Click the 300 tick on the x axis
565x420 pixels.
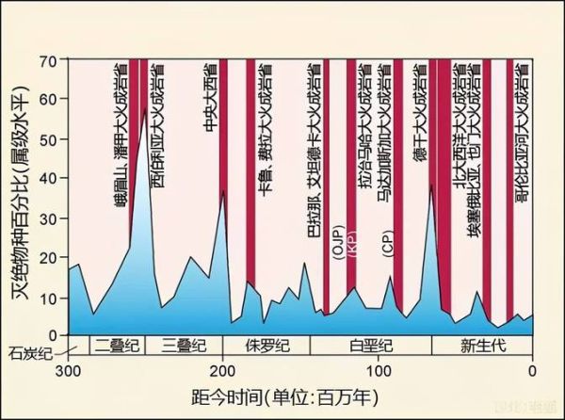tap(68, 368)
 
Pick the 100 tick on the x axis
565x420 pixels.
tap(379, 368)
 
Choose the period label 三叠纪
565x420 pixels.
tap(184, 345)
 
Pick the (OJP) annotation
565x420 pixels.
tap(336, 240)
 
